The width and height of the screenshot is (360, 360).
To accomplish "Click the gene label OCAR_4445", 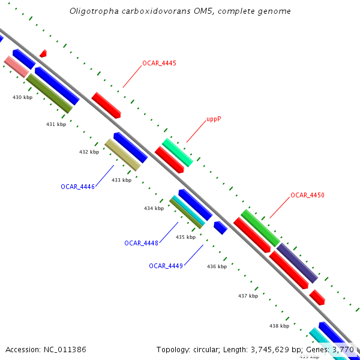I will (x=159, y=63).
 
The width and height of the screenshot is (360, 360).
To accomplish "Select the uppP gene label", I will (x=214, y=119).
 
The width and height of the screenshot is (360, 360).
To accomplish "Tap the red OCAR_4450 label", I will (x=307, y=195).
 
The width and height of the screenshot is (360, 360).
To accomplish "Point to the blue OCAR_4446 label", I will (x=77, y=187).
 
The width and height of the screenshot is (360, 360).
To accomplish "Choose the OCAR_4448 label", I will (x=141, y=243).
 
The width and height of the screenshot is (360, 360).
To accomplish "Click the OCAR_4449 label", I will (x=166, y=266).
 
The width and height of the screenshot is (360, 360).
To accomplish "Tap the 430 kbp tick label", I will (x=22, y=97).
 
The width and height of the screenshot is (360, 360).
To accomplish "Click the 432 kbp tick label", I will (x=89, y=152).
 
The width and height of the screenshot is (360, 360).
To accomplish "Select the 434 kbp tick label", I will (x=154, y=209).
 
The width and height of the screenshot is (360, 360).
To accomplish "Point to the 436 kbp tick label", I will (x=217, y=266).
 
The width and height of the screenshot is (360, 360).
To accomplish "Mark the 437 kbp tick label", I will (x=248, y=296).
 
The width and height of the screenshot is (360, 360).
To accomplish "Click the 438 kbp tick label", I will (x=279, y=326).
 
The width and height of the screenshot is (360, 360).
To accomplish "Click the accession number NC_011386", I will (x=64, y=349).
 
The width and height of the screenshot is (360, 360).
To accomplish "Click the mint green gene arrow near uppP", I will (x=178, y=152).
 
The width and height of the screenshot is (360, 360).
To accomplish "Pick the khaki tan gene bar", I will (x=122, y=155).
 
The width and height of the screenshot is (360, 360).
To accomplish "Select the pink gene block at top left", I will (x=16, y=66).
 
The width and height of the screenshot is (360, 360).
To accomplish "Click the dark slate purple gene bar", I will (x=296, y=263).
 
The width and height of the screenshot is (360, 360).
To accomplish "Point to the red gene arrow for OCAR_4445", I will (x=106, y=105).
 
